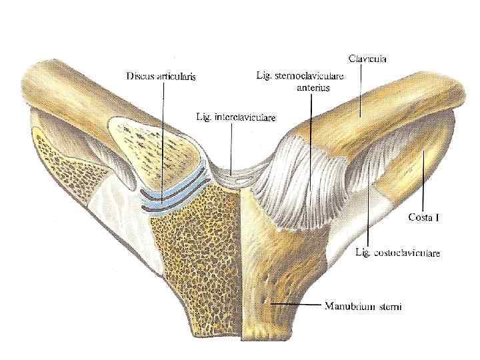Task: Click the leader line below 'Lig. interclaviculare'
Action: click(231, 147)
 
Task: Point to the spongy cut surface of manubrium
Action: click(193, 253)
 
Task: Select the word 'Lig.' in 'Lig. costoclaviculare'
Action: click(364, 253)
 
